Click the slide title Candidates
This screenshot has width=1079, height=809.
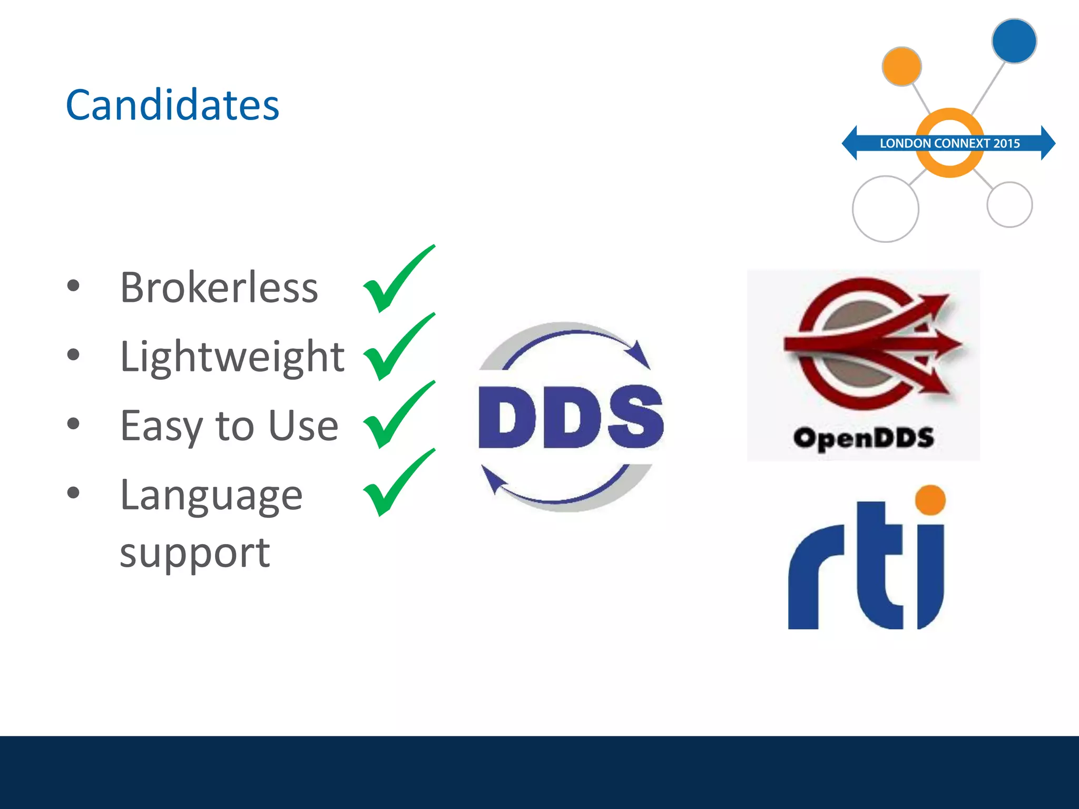[x=172, y=105]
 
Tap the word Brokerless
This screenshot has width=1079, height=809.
[x=219, y=288]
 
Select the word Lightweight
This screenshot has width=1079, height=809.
[x=232, y=357]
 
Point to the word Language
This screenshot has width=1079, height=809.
[x=211, y=495]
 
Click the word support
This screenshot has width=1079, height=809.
[x=194, y=553]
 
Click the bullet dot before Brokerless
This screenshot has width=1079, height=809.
[x=73, y=286]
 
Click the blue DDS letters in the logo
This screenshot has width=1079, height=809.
[x=571, y=417]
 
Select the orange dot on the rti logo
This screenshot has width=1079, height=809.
[x=930, y=500]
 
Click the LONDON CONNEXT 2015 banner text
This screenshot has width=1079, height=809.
[x=949, y=143]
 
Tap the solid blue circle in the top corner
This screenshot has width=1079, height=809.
[x=1014, y=41]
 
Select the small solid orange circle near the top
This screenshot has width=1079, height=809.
[x=901, y=66]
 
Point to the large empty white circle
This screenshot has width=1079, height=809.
[x=885, y=209]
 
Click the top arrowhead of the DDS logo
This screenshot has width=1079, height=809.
[x=640, y=354]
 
